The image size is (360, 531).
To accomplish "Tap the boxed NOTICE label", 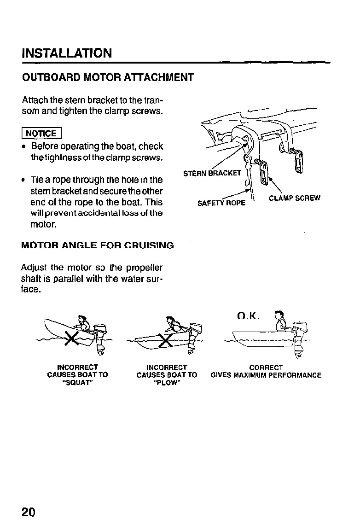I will tap(41, 134).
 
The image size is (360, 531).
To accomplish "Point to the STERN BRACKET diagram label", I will tap(212, 174).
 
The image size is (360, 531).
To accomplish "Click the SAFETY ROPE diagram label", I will tap(222, 202).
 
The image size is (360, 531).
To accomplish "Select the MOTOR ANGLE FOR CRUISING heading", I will tap(98, 245).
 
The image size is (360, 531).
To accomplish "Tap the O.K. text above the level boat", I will tap(249, 316).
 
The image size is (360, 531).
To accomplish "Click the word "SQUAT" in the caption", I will tap(77, 382).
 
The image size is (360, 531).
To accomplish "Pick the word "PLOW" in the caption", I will tap(166, 382).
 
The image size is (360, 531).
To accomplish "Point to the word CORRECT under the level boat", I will tap(266, 368).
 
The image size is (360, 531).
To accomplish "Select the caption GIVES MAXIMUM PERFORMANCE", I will tap(266, 375).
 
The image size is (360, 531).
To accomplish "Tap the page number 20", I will tap(29, 512).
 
